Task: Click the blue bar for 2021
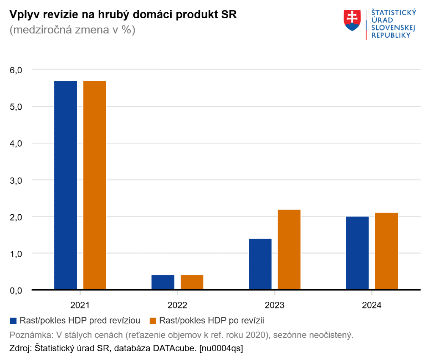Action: [x=66, y=185]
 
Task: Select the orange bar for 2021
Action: [x=95, y=185]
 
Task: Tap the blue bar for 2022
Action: [x=163, y=282]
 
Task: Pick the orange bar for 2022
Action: [x=192, y=282]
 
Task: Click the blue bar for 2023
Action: [x=260, y=264]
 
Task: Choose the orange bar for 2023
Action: [x=289, y=250]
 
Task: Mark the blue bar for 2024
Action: [x=357, y=253]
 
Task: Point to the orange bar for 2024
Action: [x=386, y=251]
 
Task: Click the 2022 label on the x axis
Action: [x=177, y=305]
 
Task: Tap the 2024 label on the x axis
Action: [x=372, y=305]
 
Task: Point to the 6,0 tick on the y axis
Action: [x=16, y=70]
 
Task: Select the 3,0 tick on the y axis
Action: [x=16, y=180]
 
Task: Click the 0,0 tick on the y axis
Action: [x=16, y=291]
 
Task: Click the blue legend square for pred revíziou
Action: [x=13, y=321]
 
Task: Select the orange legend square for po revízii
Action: [x=153, y=321]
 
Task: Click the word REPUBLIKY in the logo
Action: [x=391, y=35]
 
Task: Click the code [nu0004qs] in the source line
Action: [x=221, y=348]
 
